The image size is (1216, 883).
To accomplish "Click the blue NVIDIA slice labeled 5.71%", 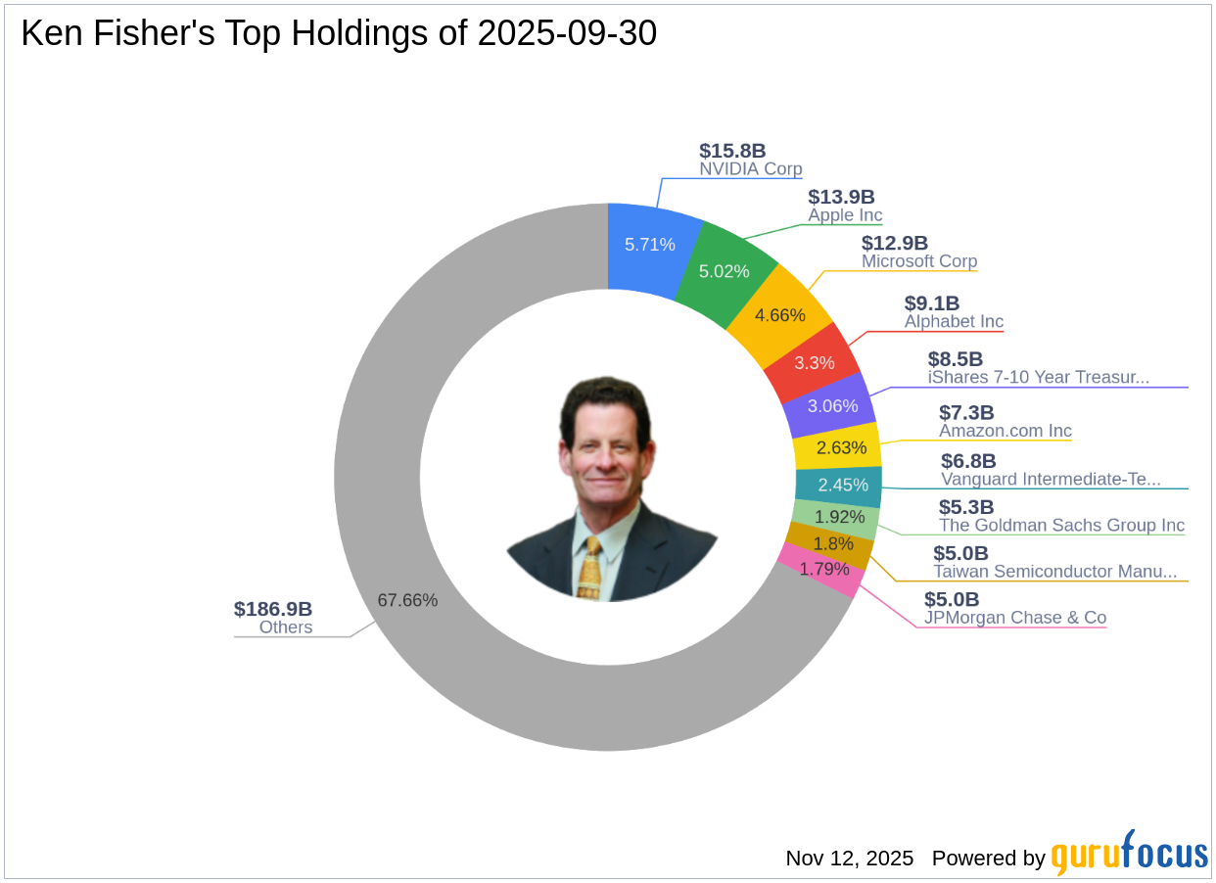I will point(649,245).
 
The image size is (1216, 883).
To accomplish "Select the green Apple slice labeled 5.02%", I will point(725,271).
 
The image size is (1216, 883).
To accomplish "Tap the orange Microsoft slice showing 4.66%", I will point(780,315).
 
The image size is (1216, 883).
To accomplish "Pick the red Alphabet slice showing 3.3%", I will point(815,362).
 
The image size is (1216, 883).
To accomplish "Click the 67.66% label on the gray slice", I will point(407,600).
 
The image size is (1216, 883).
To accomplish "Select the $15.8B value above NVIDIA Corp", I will point(732,151).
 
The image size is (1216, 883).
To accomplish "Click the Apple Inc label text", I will point(845,215).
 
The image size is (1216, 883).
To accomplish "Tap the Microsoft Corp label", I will point(919,261).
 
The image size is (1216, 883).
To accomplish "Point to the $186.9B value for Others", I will point(273,609).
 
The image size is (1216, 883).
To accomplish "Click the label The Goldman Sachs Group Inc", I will point(1061,526).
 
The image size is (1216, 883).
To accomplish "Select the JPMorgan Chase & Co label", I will point(1015,618).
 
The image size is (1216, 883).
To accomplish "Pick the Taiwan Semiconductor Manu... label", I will point(1054,572).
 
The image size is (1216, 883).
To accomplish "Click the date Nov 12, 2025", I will point(849,859).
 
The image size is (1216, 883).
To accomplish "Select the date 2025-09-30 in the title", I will point(567,34).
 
